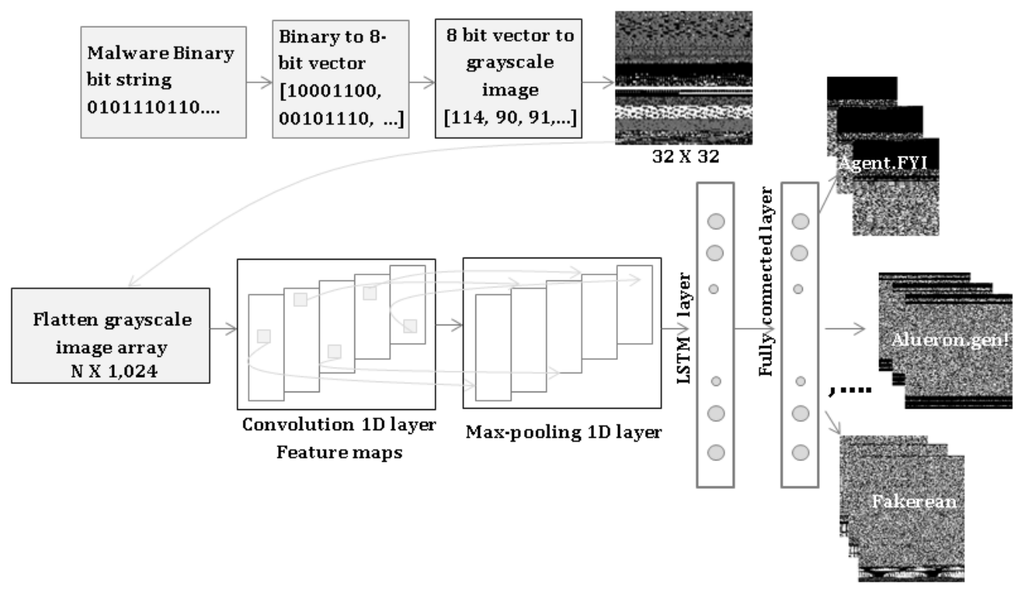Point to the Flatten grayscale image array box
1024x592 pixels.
coord(111,336)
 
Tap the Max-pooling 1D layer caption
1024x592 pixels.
coord(563,431)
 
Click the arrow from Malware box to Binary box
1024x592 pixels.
coord(260,81)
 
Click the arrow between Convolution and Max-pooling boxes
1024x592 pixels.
coord(449,327)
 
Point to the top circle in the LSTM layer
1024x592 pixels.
coord(717,222)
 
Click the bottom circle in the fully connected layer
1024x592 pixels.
coord(800,452)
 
